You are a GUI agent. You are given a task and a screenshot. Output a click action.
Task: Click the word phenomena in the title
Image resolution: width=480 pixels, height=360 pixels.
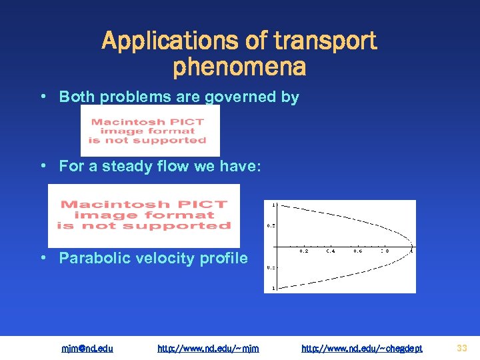[x=239, y=67]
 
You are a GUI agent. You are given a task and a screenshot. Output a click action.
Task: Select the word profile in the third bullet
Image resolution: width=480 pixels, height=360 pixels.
[x=223, y=258]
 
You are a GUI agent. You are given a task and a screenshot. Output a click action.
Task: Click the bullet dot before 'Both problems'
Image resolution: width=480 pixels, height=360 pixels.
[x=42, y=96]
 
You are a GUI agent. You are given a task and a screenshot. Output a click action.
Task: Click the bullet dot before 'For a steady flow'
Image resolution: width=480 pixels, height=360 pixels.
[x=42, y=165]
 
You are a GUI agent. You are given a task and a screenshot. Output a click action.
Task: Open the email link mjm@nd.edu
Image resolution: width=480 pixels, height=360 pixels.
[x=87, y=348]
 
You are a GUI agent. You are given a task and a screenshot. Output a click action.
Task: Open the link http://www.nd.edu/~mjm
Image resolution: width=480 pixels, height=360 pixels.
[x=208, y=348]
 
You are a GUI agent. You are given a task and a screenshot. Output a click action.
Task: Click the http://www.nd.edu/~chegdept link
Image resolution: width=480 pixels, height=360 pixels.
[x=361, y=348]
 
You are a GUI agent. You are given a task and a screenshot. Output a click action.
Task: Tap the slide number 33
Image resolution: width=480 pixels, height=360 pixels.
[x=462, y=347]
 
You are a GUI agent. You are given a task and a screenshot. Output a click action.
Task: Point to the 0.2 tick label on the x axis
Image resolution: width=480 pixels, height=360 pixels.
[x=304, y=252]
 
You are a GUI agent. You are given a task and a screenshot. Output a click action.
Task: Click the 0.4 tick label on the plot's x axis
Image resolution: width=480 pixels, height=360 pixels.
[x=331, y=252]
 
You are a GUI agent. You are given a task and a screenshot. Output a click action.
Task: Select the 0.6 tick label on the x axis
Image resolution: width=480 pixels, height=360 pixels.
[x=359, y=252]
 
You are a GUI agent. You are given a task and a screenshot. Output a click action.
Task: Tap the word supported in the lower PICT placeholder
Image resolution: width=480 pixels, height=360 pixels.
[x=197, y=226]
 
